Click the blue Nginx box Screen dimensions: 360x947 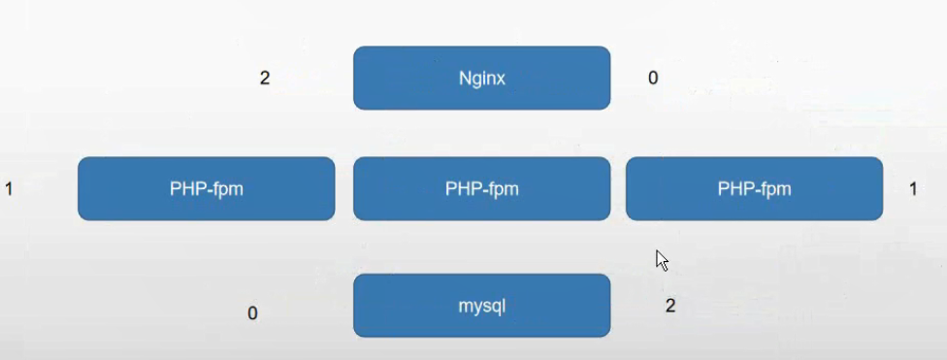[x=481, y=78]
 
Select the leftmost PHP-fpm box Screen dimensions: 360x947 [x=206, y=188]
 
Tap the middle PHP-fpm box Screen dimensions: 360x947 [x=481, y=188]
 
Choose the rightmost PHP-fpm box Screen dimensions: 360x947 [x=754, y=188]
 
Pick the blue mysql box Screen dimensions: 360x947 [x=481, y=306]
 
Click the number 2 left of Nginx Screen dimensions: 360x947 [x=265, y=78]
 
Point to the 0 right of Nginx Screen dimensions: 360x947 [x=653, y=78]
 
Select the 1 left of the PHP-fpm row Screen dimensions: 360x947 [x=9, y=188]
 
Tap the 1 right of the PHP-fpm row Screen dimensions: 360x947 [x=913, y=188]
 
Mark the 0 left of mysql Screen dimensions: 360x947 [x=252, y=313]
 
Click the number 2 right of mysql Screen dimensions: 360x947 [x=670, y=306]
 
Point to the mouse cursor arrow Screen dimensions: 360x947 [x=661, y=259]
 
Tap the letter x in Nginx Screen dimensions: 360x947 [x=501, y=79]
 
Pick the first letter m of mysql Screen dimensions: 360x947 [x=464, y=306]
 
